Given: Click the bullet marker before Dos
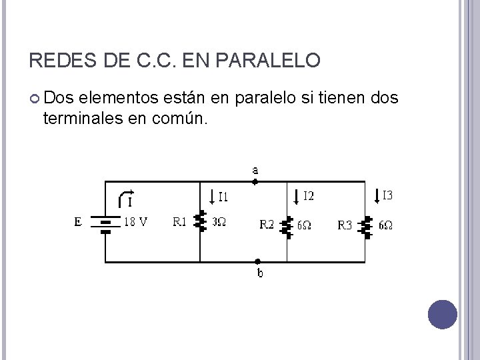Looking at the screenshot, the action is click(x=35, y=99).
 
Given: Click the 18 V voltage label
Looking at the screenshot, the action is click(x=137, y=222).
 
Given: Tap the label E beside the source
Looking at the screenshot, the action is click(x=78, y=222).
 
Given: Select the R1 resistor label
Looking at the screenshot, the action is click(x=180, y=221).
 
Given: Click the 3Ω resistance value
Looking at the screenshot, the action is click(x=219, y=222).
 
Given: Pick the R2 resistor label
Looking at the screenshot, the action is click(x=267, y=225).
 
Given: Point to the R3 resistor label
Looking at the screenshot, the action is click(x=344, y=225).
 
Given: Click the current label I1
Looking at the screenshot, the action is click(x=223, y=197).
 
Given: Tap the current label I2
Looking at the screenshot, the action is click(x=309, y=196).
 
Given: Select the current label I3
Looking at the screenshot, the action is click(x=387, y=195).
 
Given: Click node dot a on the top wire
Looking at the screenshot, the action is click(x=255, y=181).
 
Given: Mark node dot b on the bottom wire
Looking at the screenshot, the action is click(x=259, y=262).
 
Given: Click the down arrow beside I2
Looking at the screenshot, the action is click(x=297, y=196).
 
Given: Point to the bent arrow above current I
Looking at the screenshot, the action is click(x=125, y=195).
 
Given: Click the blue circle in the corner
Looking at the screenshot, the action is click(x=442, y=315).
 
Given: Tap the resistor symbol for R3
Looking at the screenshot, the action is click(x=365, y=226).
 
